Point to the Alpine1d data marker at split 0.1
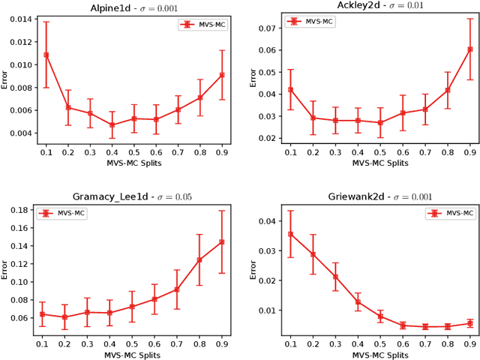46,55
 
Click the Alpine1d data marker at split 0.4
112,124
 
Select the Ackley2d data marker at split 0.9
470,49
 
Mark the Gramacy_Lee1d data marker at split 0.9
222,241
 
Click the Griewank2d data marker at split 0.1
291,234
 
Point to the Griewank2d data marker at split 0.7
425,327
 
